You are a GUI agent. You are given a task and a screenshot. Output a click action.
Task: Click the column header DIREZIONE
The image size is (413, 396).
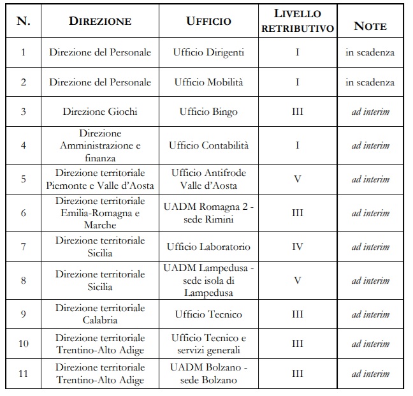click(x=100, y=21)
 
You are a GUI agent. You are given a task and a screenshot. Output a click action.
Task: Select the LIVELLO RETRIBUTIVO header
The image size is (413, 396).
click(x=298, y=21)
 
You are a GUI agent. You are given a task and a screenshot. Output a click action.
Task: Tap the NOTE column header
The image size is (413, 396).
click(x=370, y=26)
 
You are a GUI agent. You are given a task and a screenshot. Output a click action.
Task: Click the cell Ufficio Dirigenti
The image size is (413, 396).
click(x=208, y=52)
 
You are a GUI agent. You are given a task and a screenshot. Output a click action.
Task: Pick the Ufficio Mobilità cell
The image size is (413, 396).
click(x=208, y=82)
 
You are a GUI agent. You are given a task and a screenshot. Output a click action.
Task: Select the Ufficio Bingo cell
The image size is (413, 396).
click(x=208, y=112)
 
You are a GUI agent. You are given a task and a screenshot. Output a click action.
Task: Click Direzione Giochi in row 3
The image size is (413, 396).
click(x=100, y=112)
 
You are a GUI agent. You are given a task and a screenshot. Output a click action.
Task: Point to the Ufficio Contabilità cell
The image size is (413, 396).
click(x=208, y=145)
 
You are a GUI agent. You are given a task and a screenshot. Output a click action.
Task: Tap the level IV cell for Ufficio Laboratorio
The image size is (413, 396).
click(x=298, y=247)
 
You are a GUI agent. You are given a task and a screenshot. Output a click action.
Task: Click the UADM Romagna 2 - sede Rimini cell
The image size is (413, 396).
click(x=208, y=213)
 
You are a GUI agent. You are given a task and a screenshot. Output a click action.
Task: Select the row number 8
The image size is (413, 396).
click(x=24, y=281)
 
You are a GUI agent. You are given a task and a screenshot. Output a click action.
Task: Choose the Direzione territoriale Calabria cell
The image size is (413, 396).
click(x=100, y=314)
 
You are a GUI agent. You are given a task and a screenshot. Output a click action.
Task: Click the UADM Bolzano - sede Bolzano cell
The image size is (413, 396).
click(x=208, y=374)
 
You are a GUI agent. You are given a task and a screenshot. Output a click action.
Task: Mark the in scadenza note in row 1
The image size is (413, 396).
click(x=370, y=52)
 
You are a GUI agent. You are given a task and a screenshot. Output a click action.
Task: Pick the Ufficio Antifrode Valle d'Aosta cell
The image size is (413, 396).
click(x=208, y=179)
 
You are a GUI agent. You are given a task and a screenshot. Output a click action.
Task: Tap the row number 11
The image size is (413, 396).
click(x=24, y=374)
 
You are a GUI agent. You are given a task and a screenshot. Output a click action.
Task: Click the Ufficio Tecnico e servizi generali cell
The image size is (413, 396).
click(x=208, y=344)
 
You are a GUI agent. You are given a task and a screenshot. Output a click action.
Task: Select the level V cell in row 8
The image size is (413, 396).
click(x=298, y=281)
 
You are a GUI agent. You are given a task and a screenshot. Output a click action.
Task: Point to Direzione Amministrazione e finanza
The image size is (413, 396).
click(x=100, y=145)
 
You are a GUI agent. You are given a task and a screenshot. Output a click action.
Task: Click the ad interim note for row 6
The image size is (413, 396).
click(x=370, y=213)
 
